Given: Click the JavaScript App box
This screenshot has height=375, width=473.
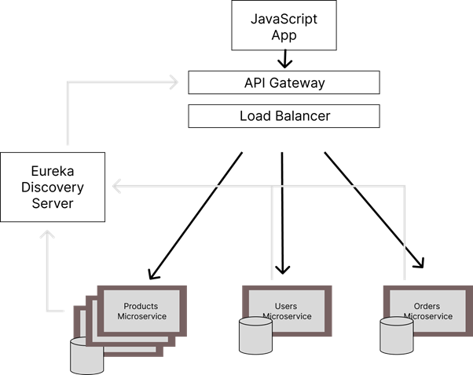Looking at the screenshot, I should pos(284,26).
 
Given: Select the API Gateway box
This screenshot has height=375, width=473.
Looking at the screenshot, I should pos(284,82).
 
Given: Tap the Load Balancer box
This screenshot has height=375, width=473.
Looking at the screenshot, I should pos(284,116).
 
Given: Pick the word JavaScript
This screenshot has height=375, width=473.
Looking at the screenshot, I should pos(284,19).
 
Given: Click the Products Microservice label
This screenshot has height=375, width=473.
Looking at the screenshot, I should pos(141,311).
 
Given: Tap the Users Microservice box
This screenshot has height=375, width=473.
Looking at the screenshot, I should pos(287,311).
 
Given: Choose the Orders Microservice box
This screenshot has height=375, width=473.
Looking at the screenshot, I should pos(428,311).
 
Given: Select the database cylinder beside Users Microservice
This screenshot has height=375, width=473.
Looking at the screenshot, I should pos(255,336).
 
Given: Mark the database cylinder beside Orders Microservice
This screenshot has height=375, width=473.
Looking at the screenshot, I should pos(396,336).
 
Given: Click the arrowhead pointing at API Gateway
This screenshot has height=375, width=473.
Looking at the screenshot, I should pos(171,80).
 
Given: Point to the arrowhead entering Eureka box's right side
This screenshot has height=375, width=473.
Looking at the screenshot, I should pos(117,187).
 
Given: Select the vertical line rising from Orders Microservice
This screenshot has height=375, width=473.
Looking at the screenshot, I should pos(405,235).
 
